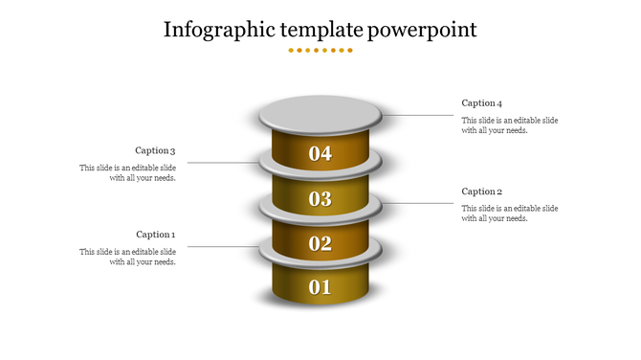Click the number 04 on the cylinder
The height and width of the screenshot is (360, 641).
[x=320, y=153]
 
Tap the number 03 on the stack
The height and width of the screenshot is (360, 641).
[x=320, y=199]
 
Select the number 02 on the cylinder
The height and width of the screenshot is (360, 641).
[x=320, y=244]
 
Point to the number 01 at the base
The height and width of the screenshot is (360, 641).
[x=320, y=287]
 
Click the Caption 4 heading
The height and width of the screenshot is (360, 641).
[x=481, y=103]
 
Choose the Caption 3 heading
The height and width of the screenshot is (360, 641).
[x=155, y=150]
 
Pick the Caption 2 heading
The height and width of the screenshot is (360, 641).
[x=481, y=191]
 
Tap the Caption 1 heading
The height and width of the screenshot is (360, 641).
[x=155, y=235]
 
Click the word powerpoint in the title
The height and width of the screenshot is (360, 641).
[x=423, y=30]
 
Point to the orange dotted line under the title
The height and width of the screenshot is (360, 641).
[x=320, y=50]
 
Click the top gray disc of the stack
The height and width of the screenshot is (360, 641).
[x=320, y=114]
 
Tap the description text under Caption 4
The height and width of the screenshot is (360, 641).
[x=509, y=125]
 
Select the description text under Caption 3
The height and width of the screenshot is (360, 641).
[x=127, y=173]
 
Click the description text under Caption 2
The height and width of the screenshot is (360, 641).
[x=509, y=214]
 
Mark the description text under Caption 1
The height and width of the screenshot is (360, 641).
[x=127, y=257]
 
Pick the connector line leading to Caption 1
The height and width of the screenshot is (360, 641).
[x=220, y=247]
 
